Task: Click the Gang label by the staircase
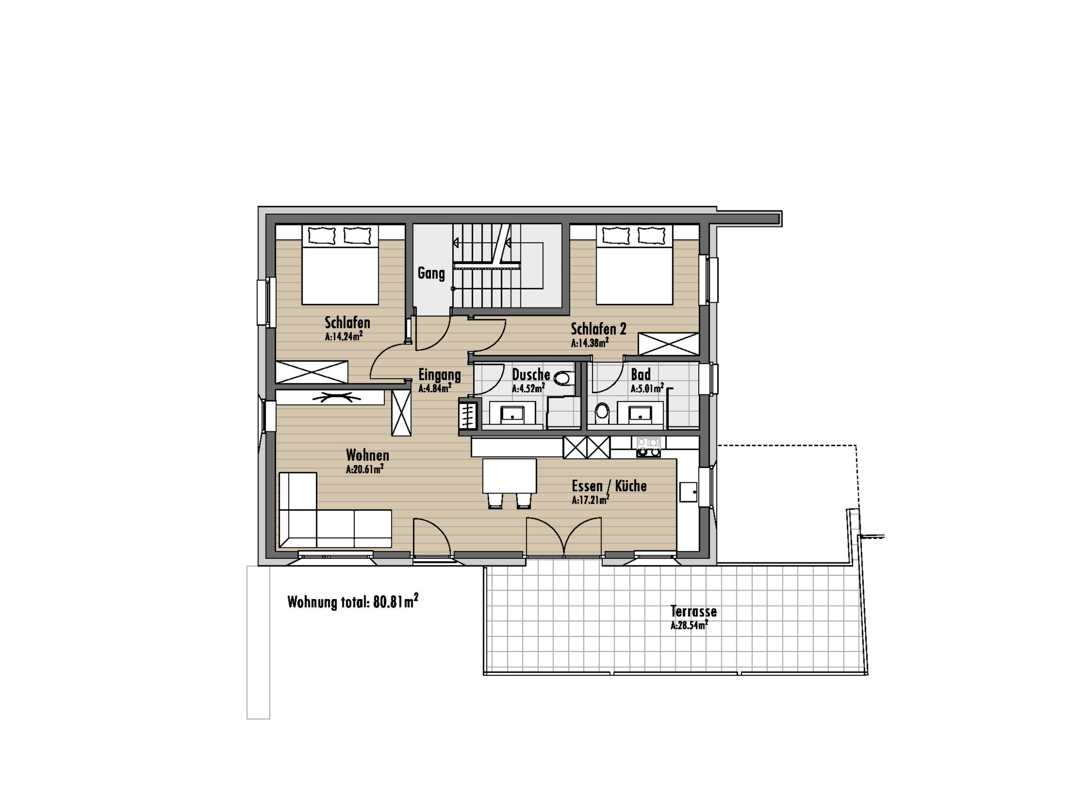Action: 431,273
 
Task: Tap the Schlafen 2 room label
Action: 598,329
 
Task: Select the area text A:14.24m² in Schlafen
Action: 344,336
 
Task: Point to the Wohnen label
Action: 367,455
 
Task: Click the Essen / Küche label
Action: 609,486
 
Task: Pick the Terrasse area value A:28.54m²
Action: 689,625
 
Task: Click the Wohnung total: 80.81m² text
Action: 353,602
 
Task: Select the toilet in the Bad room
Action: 602,412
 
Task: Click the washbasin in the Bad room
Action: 639,413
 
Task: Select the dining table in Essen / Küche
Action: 509,476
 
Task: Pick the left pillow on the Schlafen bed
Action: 321,235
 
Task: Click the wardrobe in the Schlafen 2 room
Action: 669,344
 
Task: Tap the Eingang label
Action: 439,375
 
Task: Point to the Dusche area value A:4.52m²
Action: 528,388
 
